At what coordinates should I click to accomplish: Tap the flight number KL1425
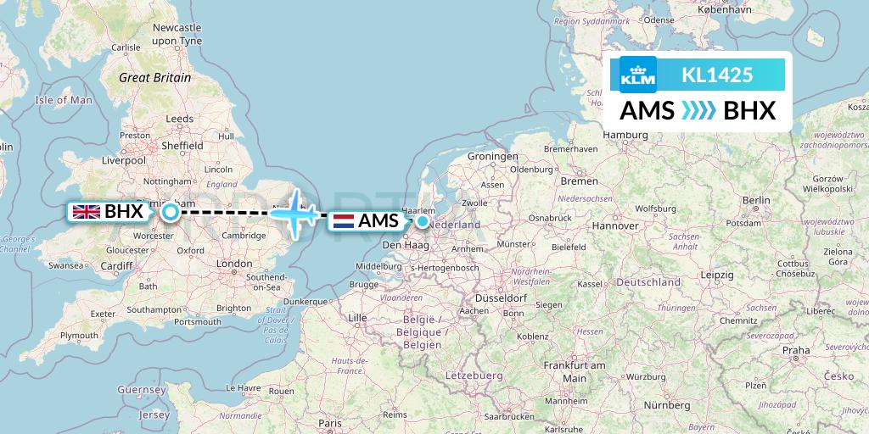point(717,75)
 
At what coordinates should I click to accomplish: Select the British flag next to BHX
point(87,212)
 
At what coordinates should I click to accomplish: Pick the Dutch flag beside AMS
point(344,221)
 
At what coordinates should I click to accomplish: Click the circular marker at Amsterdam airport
point(423,221)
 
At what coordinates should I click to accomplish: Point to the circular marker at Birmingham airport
point(171,212)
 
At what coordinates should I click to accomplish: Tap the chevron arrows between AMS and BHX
point(698,111)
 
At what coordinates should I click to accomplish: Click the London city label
point(234,264)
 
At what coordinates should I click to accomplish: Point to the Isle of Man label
point(64,100)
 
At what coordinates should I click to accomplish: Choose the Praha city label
point(796,349)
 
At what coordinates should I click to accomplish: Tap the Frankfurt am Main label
point(575,370)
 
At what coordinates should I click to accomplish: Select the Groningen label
point(492,157)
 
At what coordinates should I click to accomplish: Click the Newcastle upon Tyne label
point(177,34)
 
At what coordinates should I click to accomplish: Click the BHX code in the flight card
point(749,111)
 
